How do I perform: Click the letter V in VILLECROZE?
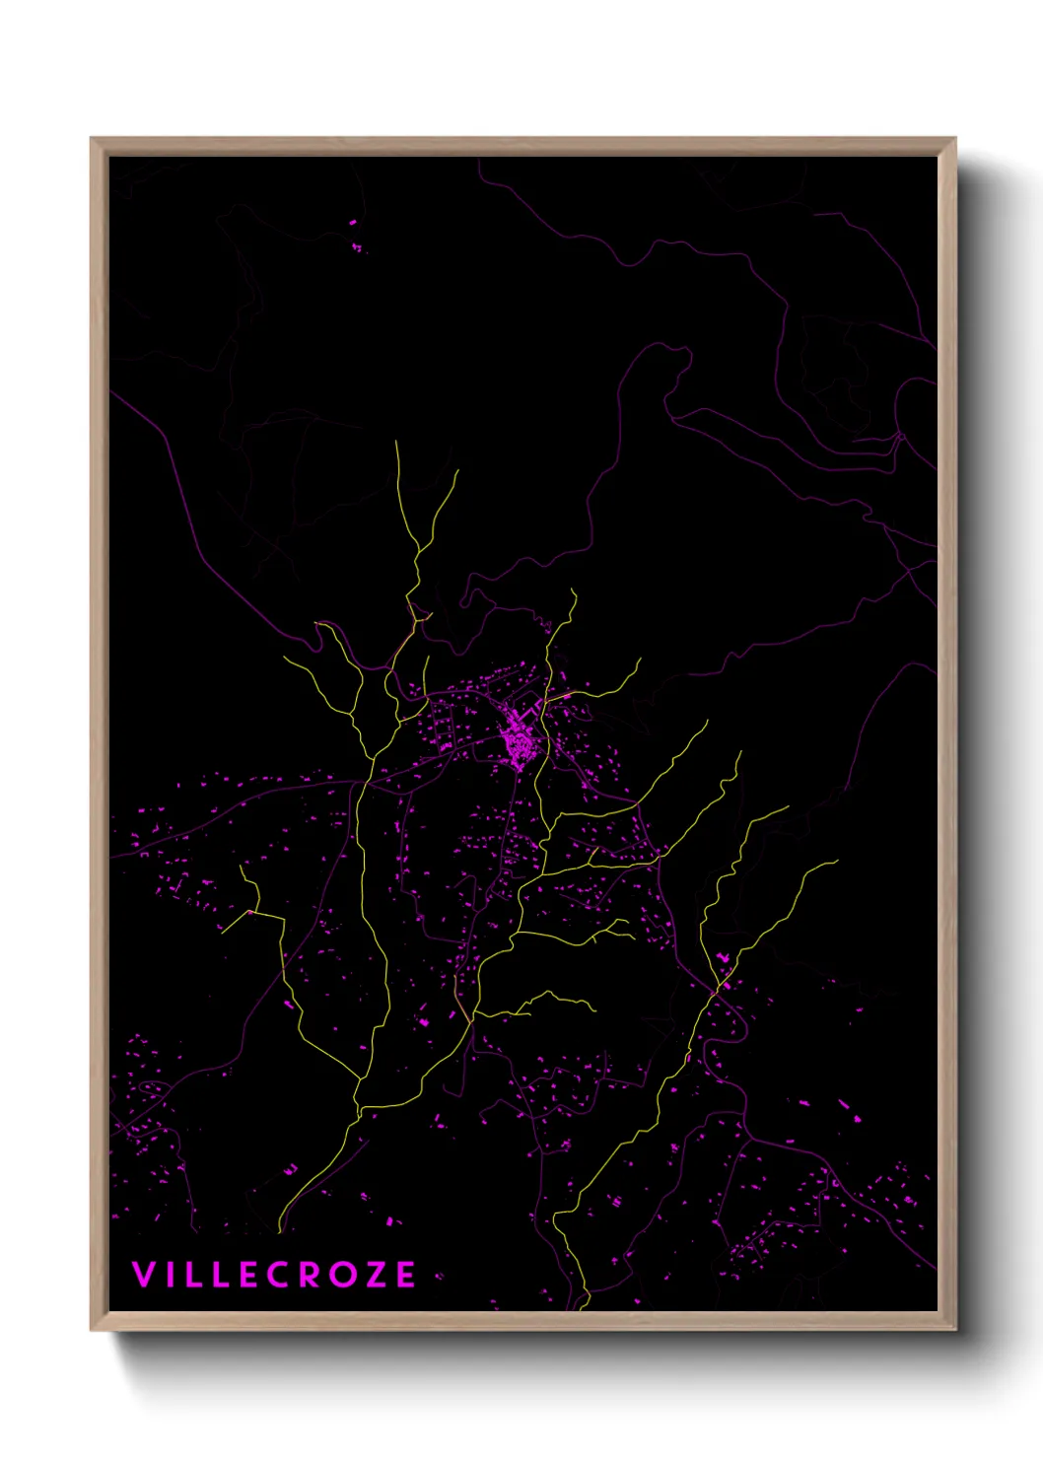pyautogui.click(x=144, y=1275)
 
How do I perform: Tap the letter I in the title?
pyautogui.click(x=169, y=1275)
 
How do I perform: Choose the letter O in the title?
pyautogui.click(x=341, y=1275)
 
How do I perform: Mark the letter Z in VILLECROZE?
pyautogui.click(x=374, y=1275)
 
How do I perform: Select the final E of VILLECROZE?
pyautogui.click(x=404, y=1275)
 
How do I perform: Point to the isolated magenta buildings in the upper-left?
pyautogui.click(x=355, y=237)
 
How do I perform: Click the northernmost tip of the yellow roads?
pyautogui.click(x=396, y=443)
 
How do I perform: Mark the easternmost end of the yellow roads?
pyautogui.click(x=836, y=861)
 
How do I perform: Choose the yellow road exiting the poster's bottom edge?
pyautogui.click(x=584, y=1305)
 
